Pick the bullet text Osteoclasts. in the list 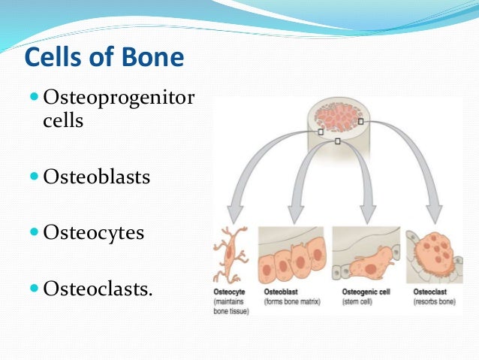click(x=98, y=287)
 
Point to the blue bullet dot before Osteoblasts click(x=36, y=178)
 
